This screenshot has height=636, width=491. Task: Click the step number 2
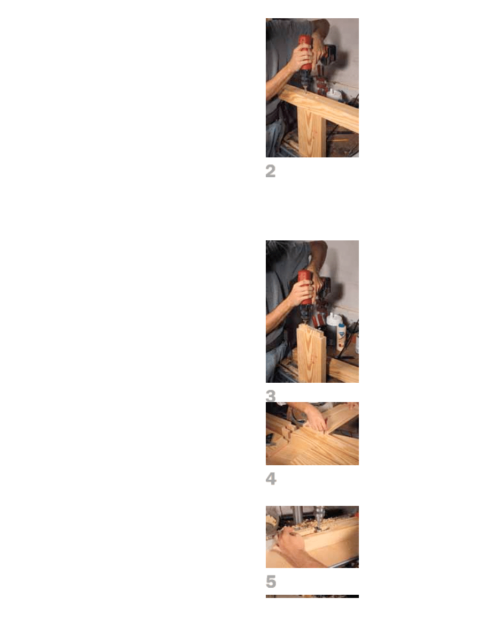click(x=271, y=171)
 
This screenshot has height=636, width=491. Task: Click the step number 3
click(x=271, y=396)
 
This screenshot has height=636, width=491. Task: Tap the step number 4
click(x=271, y=479)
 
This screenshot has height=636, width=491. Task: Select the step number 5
click(x=271, y=581)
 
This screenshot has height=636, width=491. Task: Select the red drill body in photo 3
click(x=305, y=286)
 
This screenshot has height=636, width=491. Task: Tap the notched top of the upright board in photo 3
click(x=311, y=329)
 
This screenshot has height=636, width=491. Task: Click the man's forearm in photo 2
click(x=278, y=81)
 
